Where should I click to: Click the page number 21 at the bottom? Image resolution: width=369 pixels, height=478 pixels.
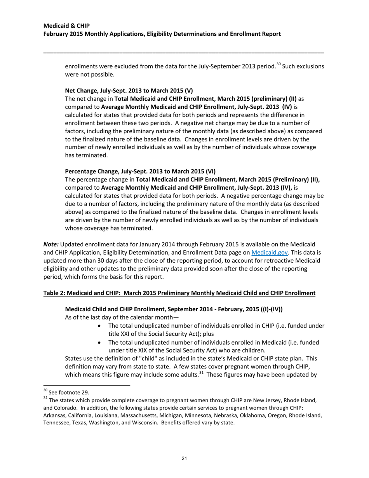[184, 459]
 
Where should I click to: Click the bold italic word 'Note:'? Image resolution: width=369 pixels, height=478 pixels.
[51, 244]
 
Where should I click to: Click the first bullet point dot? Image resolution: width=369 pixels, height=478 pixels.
[101, 325]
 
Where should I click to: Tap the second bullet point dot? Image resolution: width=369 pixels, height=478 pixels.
[101, 342]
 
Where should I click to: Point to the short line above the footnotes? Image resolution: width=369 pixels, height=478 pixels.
[86, 386]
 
